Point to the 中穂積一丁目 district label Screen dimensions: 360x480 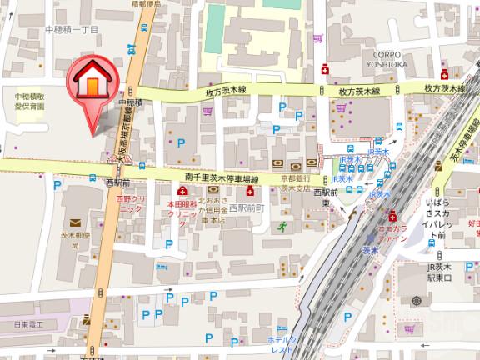click(x=72, y=29)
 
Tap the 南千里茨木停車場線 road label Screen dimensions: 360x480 click(x=221, y=177)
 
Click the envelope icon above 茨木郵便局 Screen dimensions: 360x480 click(x=76, y=222)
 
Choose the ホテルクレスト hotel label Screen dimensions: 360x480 click(x=281, y=345)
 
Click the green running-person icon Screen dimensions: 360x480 click(x=282, y=226)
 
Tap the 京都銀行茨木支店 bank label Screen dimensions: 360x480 click(x=296, y=184)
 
